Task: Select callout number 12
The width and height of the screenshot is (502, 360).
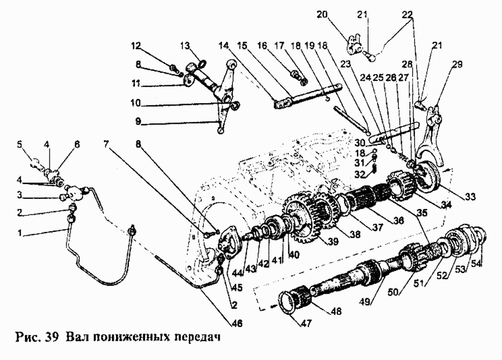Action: click(x=137, y=45)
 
